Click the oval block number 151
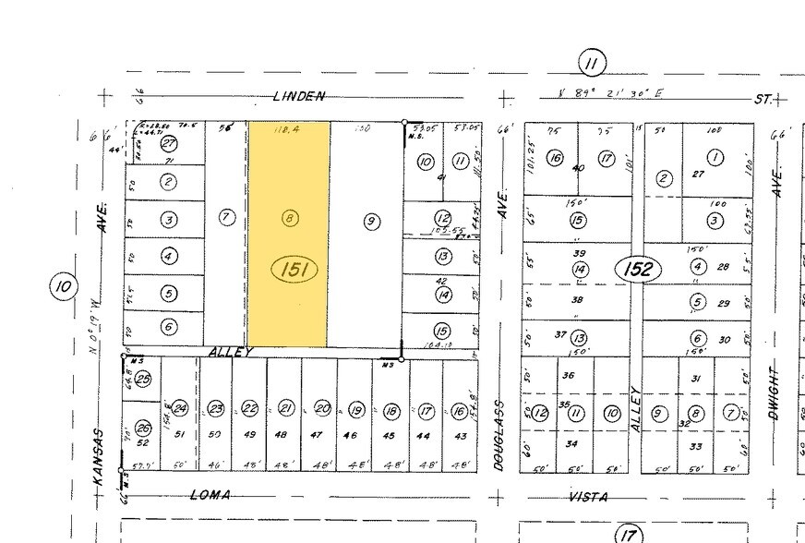[x=294, y=270]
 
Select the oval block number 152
[x=637, y=270]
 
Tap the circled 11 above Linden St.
[x=591, y=63]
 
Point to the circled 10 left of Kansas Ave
[x=62, y=287]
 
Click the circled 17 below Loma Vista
[x=630, y=534]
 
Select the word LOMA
[x=210, y=495]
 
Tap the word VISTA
[x=588, y=497]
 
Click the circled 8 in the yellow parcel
[x=290, y=218]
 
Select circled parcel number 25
[x=143, y=378]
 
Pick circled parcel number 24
[x=180, y=409]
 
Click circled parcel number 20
[x=322, y=409]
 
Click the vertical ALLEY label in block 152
[x=635, y=408]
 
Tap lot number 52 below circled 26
[x=142, y=442]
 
